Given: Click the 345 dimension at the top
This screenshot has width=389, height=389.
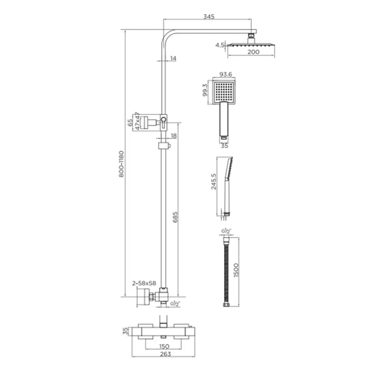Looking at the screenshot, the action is point(209,17).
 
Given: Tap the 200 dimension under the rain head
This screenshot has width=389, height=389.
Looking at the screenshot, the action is point(253,52).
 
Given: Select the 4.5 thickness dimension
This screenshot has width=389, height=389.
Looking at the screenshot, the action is point(220,45).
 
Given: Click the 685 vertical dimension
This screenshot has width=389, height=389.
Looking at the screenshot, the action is point(175,217).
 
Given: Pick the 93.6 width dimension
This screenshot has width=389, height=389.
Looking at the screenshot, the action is point(226,74).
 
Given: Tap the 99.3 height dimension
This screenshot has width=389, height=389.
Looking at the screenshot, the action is point(205,90).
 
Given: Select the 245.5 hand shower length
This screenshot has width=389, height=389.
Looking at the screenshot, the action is point(214,182).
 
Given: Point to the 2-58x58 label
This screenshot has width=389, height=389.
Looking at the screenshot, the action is point(144,283).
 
